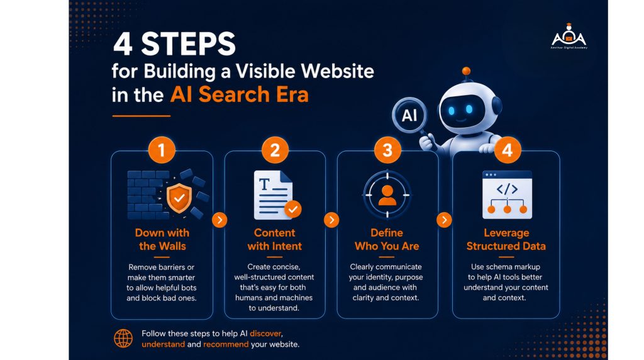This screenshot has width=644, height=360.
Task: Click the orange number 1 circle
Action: (x=162, y=150)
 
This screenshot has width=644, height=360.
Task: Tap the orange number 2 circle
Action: (x=275, y=150)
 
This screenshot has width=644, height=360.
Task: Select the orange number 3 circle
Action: (x=387, y=150)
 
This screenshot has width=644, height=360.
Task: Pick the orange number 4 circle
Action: (x=508, y=150)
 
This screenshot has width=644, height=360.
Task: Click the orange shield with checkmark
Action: (x=179, y=198)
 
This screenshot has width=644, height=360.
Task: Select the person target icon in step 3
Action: (x=387, y=195)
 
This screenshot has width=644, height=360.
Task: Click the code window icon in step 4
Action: (x=507, y=195)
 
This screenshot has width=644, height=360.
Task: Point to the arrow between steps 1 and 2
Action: (x=219, y=220)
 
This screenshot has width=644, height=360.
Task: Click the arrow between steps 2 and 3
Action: (x=331, y=220)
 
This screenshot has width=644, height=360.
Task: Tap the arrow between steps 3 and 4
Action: (x=444, y=220)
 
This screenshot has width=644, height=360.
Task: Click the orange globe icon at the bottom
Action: (x=123, y=339)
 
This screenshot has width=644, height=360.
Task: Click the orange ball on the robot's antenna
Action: (x=466, y=71)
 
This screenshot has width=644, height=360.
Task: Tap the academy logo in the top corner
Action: (x=569, y=37)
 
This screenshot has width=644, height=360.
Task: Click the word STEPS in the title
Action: (x=189, y=44)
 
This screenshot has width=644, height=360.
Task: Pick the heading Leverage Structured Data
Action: (x=506, y=239)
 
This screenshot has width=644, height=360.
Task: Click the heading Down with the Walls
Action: (x=162, y=239)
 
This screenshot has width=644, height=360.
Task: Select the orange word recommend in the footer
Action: (x=226, y=344)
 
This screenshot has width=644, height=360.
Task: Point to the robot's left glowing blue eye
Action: (x=452, y=111)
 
